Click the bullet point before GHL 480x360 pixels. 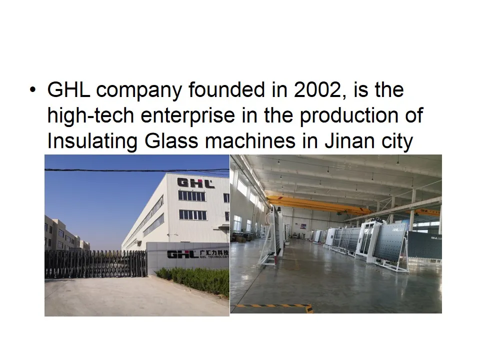point(33,90)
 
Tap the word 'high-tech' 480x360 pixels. point(90,116)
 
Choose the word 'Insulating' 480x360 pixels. point(92,141)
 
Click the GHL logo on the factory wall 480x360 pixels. point(196,182)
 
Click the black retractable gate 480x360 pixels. point(95,263)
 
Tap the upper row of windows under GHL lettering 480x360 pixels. point(192,196)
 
